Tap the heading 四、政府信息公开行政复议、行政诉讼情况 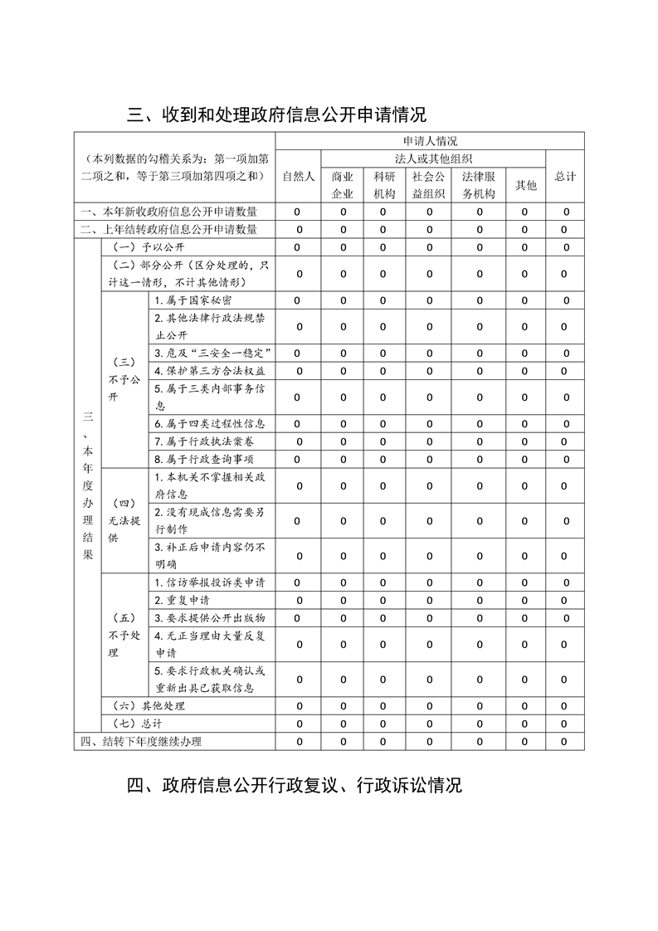click(x=295, y=785)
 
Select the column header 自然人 click(x=298, y=176)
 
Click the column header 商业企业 click(x=343, y=185)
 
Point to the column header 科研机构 click(x=383, y=185)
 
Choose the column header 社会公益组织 click(x=429, y=185)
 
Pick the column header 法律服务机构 click(x=479, y=185)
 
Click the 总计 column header click(x=565, y=176)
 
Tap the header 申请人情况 click(x=430, y=141)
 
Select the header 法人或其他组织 click(x=434, y=158)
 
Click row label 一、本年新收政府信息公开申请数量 click(x=168, y=212)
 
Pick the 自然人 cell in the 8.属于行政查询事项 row click(x=298, y=459)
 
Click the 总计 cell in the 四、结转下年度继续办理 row click(x=564, y=742)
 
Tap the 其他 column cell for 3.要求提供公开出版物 click(x=524, y=618)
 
